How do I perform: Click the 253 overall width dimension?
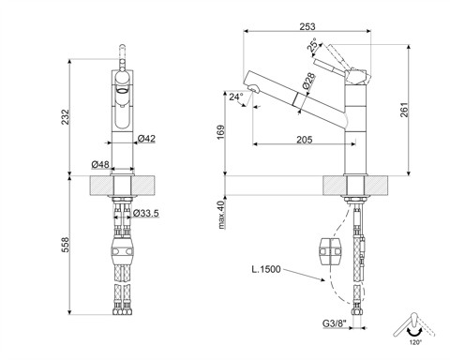pos(307,26)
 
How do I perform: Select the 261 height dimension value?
pos(404,110)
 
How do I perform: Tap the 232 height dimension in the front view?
pos(65,117)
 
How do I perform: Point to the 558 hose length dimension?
pos(65,245)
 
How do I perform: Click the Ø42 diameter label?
pos(146,138)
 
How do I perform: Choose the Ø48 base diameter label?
pos(100,164)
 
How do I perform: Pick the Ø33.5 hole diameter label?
pos(146,213)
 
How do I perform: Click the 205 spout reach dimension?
pos(305,140)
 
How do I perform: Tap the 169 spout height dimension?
pos(221,132)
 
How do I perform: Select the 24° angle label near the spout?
pos(236,97)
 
